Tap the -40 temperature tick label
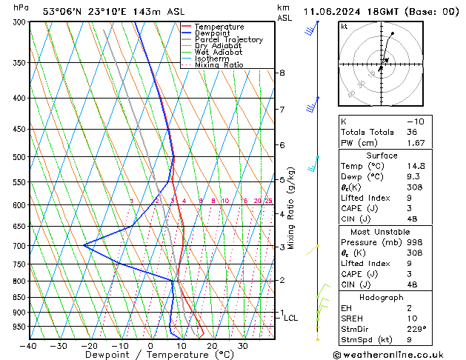point(28,345)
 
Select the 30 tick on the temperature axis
point(242,345)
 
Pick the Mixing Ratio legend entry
point(219,65)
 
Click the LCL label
point(291,318)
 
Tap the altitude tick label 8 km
point(282,73)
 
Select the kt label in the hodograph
point(344,26)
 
